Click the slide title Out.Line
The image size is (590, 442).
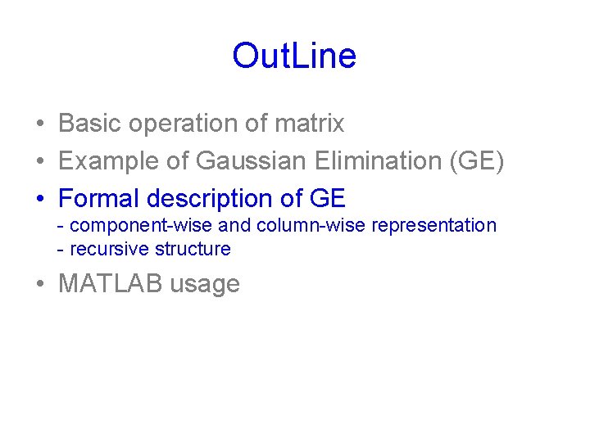[294, 56]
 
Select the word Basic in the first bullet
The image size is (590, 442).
[88, 124]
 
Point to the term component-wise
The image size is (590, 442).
[141, 226]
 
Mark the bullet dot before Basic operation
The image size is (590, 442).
[39, 124]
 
